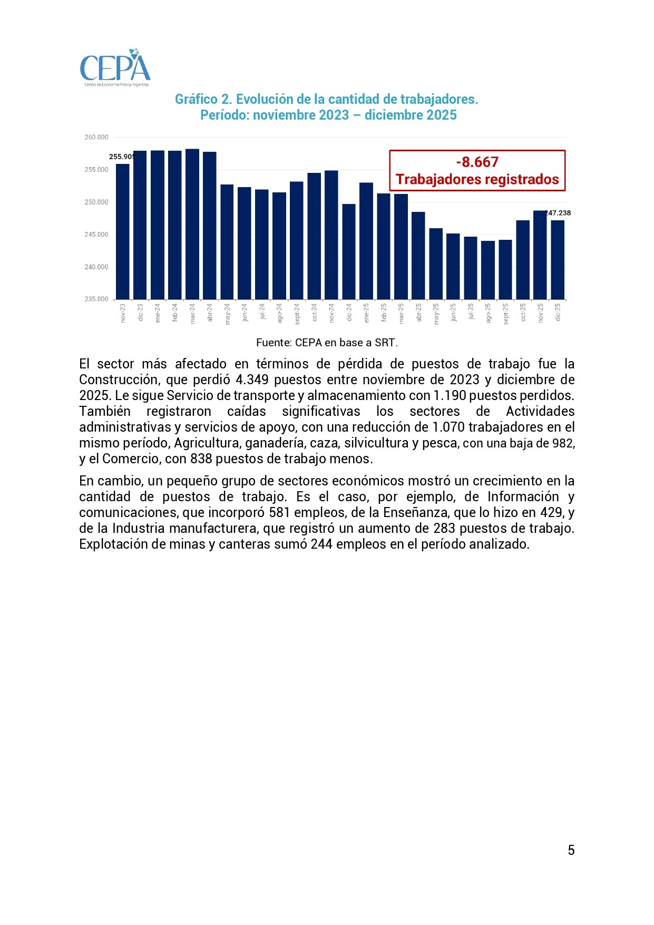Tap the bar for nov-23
pos(123,232)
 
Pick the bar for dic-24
pos(349,252)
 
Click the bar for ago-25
pos(488,270)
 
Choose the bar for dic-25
pos(558,260)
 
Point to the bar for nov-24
pos(331,235)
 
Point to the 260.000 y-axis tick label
pos(96,138)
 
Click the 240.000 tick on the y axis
pos(96,267)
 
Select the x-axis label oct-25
pos(523,312)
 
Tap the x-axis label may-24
pos(228,314)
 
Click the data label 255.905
pos(122,157)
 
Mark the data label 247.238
pos(558,213)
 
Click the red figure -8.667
pos(477,162)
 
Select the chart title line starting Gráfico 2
pos(326,99)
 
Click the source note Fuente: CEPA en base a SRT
pos(327,343)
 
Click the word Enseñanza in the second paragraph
pos(416,512)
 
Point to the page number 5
pos(571,850)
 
